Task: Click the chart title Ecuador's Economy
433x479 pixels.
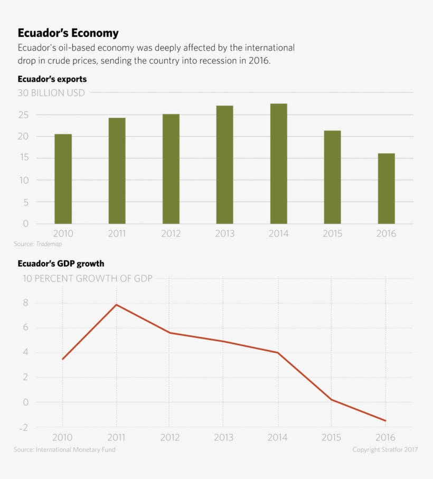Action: point(68,33)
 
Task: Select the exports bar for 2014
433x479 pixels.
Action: point(278,164)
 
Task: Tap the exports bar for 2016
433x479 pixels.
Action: point(386,189)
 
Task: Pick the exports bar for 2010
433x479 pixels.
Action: point(63,179)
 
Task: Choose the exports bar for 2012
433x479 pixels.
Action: point(171,169)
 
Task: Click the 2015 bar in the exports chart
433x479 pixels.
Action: point(332,177)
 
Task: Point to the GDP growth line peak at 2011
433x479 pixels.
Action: point(116,305)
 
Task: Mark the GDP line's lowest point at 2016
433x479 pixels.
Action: point(385,421)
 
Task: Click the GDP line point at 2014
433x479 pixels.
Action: point(278,353)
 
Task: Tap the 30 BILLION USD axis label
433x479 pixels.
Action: point(51,93)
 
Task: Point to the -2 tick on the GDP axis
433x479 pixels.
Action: point(23,427)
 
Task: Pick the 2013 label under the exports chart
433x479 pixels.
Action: point(224,233)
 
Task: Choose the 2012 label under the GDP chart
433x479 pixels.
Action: point(170,438)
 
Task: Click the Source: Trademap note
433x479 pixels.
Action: point(41,244)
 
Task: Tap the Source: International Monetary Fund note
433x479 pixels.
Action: point(64,449)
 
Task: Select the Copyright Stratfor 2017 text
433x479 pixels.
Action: point(385,449)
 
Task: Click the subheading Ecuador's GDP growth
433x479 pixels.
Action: point(61,263)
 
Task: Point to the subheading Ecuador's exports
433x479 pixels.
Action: point(52,79)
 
